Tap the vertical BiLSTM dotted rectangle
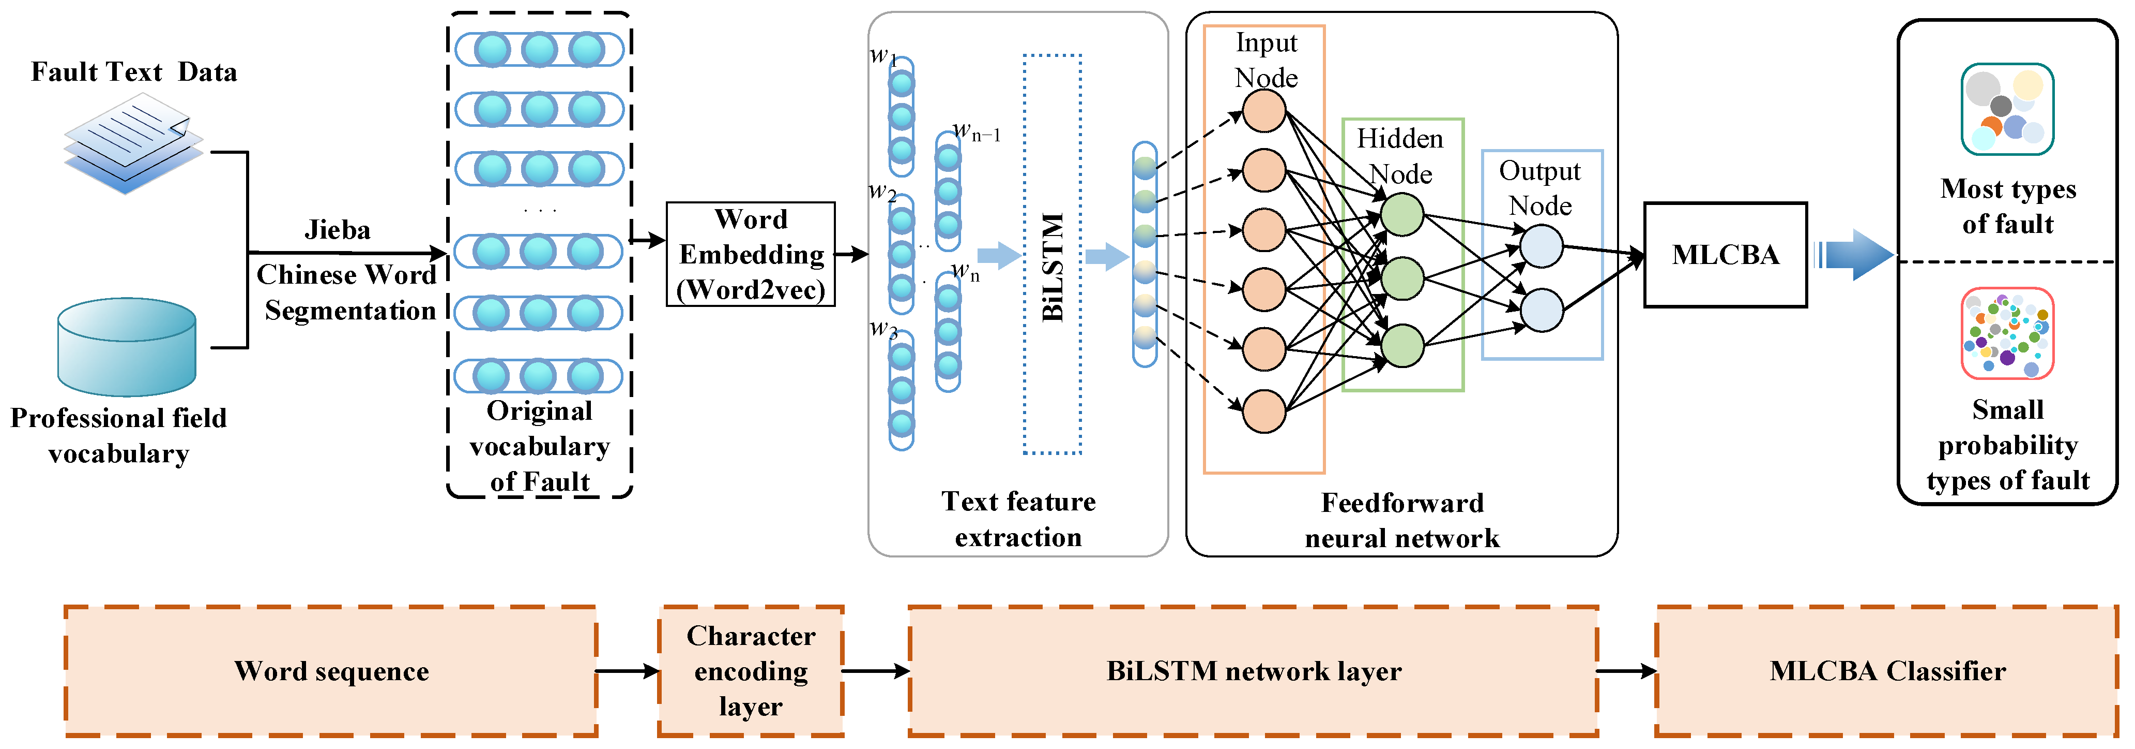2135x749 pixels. (1052, 255)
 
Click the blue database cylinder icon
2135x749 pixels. (127, 347)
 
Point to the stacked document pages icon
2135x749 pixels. (133, 143)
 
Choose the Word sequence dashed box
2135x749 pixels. (331, 670)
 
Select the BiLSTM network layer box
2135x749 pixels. (1253, 670)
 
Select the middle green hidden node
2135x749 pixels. (1402, 278)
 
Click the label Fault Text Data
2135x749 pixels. (133, 72)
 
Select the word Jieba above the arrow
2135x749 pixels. (338, 230)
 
